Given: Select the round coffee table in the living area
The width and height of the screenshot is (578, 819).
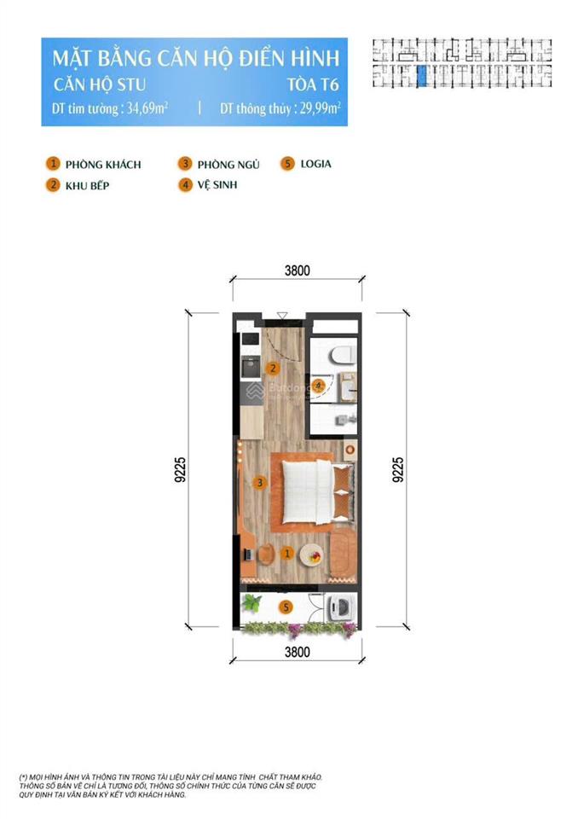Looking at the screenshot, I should click(312, 555).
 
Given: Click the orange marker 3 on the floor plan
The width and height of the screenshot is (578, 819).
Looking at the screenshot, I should click(262, 483).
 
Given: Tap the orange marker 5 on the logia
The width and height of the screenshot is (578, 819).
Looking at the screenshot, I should click(287, 607).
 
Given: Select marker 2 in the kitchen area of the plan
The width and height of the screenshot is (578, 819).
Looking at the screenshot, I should click(272, 369).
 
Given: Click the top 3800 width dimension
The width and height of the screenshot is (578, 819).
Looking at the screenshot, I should click(297, 271).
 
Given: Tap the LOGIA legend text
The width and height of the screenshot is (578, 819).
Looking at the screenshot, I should click(315, 164).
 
